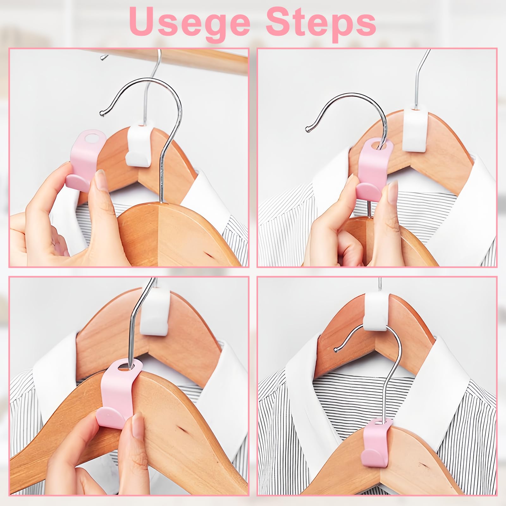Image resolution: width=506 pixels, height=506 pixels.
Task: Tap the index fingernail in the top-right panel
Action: tap(393, 189)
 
